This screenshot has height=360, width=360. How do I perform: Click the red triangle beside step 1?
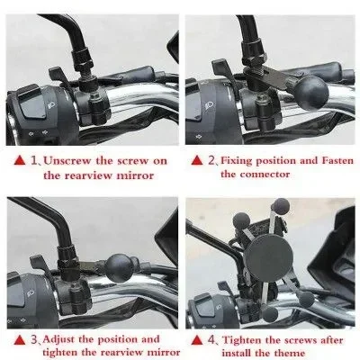[20, 160]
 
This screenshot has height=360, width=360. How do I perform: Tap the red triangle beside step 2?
[197, 160]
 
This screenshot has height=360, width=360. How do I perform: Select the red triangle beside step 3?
[20, 340]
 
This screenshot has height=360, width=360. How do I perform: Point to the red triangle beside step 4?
[197, 340]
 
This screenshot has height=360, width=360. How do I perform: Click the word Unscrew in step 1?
[67, 161]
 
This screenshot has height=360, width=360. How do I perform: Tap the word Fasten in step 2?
[337, 161]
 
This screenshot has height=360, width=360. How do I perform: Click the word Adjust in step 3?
[58, 339]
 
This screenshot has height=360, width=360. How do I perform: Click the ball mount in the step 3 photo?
[120, 268]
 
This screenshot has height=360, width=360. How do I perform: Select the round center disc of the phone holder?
[268, 254]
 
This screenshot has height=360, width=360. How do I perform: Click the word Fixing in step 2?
[237, 161]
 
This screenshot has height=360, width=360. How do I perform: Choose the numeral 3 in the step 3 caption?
[33, 340]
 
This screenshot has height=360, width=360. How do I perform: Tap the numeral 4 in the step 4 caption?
[211, 340]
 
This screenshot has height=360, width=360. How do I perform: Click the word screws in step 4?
[301, 341]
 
